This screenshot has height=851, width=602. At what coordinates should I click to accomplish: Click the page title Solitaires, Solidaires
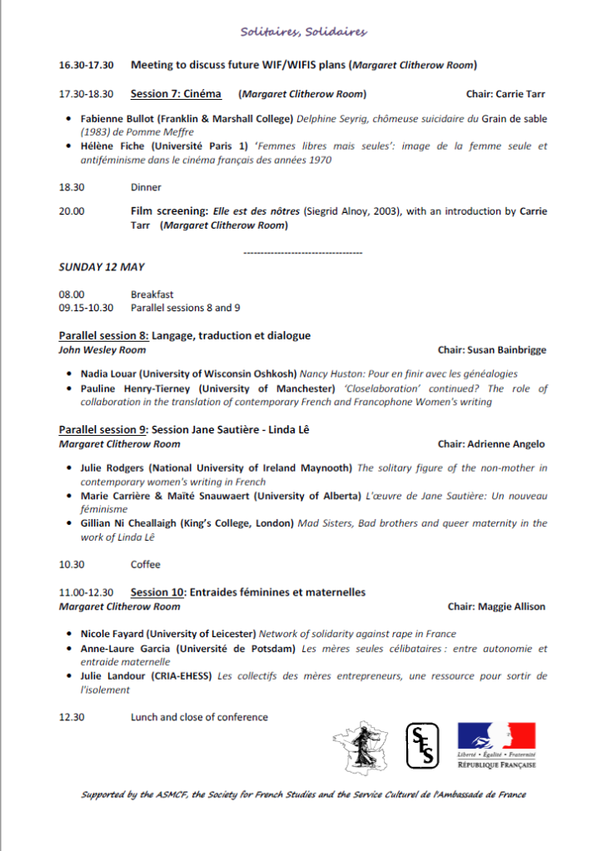pos(303,32)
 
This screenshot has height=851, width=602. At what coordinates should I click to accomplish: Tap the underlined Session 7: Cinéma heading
pos(176,94)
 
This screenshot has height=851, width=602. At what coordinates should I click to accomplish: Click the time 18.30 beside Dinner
pos(70,187)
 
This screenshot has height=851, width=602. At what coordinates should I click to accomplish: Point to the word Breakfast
pos(152,294)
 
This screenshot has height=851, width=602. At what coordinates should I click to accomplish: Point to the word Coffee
pos(145,565)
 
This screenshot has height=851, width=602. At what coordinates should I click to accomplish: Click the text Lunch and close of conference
pos(199,717)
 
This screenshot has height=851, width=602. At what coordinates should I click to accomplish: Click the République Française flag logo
pos(496,745)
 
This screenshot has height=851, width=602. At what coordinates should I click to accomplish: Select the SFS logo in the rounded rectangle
pos(418,745)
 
